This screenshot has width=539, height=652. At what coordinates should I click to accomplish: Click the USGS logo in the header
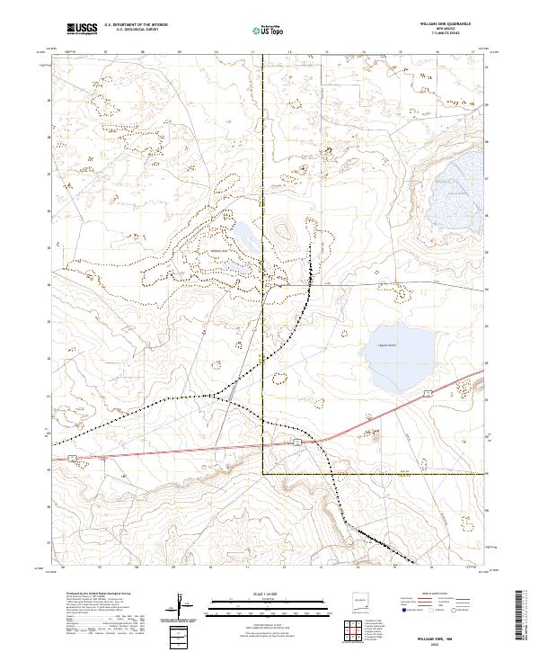point(81,30)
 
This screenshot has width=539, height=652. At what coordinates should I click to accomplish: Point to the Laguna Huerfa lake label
point(385,344)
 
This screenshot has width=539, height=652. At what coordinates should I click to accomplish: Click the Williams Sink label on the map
point(221,251)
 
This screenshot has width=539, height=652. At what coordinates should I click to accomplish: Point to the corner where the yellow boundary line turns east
point(263,473)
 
